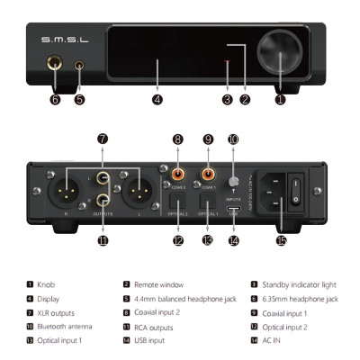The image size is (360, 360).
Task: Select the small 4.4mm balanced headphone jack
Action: point(81,65)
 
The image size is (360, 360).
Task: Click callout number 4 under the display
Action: point(157,99)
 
